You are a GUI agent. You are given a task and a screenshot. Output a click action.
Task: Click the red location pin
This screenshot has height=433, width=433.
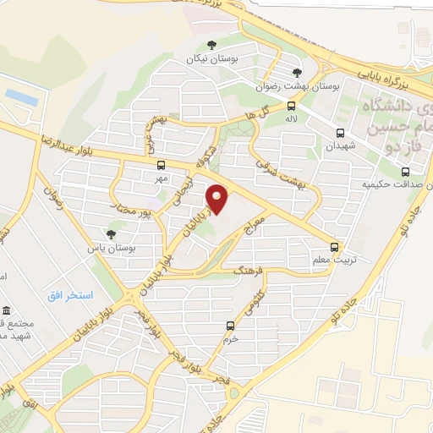pyautogui.click(x=217, y=199)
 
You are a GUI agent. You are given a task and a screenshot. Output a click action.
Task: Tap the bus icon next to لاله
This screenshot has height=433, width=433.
pyautogui.click(x=292, y=107)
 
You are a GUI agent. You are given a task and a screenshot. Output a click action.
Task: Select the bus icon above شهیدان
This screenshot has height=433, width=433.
pyautogui.click(x=340, y=133)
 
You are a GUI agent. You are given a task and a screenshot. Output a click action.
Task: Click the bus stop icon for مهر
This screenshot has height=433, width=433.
pyautogui.click(x=161, y=165)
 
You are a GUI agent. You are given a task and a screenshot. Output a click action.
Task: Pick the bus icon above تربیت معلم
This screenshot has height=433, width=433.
pyautogui.click(x=335, y=248)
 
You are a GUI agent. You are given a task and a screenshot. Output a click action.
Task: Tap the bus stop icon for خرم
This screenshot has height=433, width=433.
pyautogui.click(x=230, y=326)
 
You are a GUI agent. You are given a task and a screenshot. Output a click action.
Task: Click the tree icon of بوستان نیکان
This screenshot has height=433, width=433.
pyautogui.click(x=211, y=45)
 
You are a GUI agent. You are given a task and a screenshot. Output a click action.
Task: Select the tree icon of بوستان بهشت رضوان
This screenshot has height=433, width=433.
pyautogui.click(x=296, y=73)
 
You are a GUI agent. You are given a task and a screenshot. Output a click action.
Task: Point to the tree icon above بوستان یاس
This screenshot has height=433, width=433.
pyautogui.click(x=111, y=234)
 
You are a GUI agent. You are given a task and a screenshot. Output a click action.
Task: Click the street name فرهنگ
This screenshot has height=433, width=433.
pyautogui.click(x=250, y=271)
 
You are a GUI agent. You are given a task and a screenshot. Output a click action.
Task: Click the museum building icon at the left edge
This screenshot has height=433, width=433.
pyautogui.click(x=7, y=310)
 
